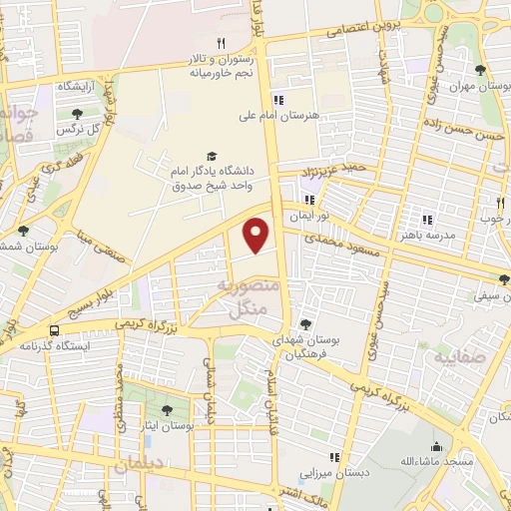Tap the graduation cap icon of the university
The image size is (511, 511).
211,156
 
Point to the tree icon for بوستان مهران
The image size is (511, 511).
481,69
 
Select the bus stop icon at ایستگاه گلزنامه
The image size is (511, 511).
53,330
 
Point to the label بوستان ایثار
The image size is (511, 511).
166,426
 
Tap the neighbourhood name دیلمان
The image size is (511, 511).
139,465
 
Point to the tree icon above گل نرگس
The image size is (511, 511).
77,113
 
